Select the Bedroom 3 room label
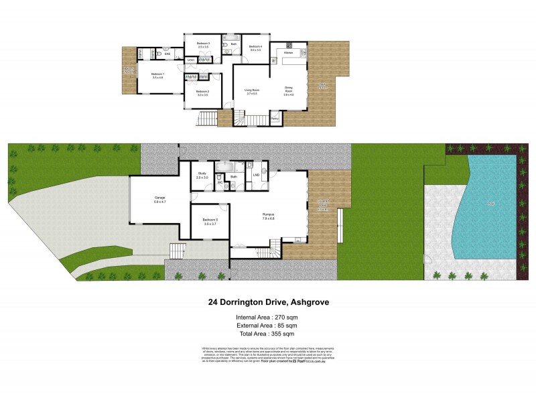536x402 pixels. [x=203, y=44]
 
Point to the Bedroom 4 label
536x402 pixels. [x=256, y=46]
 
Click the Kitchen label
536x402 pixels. [x=289, y=52]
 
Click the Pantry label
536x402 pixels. [x=275, y=118]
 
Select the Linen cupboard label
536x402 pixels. [x=191, y=60]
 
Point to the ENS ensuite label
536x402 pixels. [x=168, y=52]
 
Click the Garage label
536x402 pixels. [x=159, y=198]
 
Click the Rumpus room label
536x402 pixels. [x=268, y=214]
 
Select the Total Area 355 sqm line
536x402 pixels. [x=267, y=333]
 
